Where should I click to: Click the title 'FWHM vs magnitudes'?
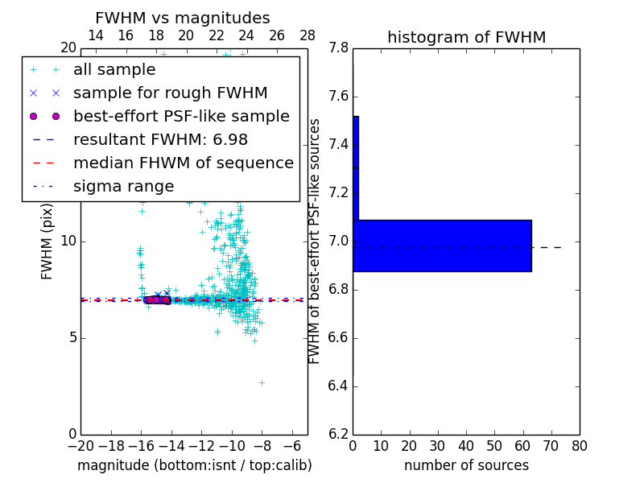pos(183,18)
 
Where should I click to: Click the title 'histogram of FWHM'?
pos(466,37)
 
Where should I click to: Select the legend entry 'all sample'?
pos(114,70)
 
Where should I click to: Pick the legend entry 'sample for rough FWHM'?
pos(171,93)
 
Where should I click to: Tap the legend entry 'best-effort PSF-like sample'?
pos(181,116)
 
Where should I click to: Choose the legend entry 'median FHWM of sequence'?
pos(183,163)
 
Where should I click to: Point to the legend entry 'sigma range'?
pos(123,186)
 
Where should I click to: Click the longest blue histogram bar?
pos(442,246)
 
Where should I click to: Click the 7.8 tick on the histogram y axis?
pos(339,48)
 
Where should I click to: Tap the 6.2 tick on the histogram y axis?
pos(339,434)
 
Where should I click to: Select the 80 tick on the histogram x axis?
pos(580,445)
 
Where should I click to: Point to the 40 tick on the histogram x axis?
pos(466,445)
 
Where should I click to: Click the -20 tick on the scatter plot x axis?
pos(80,445)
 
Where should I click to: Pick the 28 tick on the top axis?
pos(308,35)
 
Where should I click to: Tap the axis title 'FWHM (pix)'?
pos(47,241)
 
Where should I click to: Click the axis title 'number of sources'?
pos(466,465)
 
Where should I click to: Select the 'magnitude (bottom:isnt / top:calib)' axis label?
pos(194,465)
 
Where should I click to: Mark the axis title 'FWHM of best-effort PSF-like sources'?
pos(315,241)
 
